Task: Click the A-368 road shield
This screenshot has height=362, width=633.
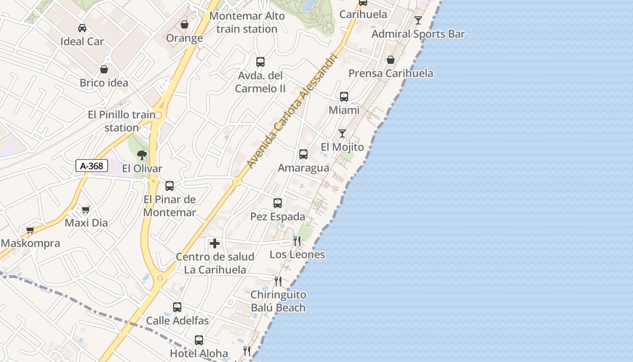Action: tap(92, 166)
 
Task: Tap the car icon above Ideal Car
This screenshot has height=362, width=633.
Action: tap(82, 28)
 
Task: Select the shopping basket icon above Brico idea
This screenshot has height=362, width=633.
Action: tap(104, 69)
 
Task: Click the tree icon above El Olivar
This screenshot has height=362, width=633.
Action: tap(142, 155)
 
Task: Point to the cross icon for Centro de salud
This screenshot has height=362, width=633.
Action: tap(215, 243)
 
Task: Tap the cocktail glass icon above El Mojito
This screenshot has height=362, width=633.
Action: tap(342, 133)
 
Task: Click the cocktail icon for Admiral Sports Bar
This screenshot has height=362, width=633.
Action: tap(418, 20)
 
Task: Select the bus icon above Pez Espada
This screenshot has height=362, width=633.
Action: tap(278, 203)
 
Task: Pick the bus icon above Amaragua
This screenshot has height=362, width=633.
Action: tap(303, 154)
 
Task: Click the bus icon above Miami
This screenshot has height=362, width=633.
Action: tap(344, 97)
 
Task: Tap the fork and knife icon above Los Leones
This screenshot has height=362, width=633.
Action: tap(297, 241)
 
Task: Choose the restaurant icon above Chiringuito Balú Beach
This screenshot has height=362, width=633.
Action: tap(278, 281)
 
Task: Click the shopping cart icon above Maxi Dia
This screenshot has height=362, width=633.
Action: tap(86, 210)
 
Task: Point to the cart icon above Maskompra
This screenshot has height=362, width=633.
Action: tap(30, 230)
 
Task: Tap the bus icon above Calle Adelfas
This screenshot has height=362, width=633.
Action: tap(177, 307)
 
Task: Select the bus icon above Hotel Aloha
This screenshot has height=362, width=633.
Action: tap(199, 340)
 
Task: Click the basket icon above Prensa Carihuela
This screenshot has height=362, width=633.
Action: tap(391, 60)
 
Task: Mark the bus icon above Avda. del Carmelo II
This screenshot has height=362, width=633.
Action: tap(260, 62)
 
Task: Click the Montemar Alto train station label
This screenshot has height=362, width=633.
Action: tap(247, 23)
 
